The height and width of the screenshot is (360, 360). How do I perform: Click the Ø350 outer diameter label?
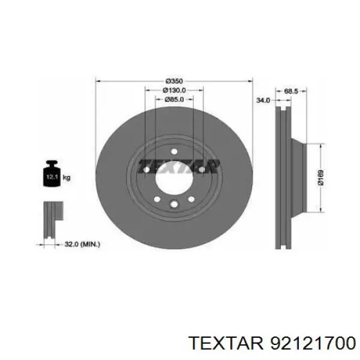[174, 81]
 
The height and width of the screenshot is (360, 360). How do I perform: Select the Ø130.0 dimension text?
[174, 90]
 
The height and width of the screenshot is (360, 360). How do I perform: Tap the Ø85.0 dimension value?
[174, 100]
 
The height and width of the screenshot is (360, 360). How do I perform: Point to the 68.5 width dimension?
[291, 91]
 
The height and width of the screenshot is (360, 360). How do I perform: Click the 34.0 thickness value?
[263, 100]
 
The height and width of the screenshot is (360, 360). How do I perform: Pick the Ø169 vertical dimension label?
[320, 177]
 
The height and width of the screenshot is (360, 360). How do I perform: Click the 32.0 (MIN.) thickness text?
[82, 244]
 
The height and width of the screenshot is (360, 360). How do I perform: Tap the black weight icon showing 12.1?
[52, 173]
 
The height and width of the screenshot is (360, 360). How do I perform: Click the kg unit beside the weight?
[67, 178]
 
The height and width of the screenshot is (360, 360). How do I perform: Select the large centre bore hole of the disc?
[174, 179]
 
